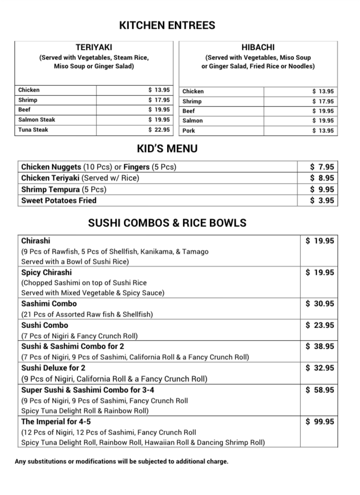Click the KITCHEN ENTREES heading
pos(167,25)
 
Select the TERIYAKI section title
pos(94,47)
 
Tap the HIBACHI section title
pos(258,47)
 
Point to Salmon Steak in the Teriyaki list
pos(36,120)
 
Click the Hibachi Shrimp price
pos(323,101)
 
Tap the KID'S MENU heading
pos(167,149)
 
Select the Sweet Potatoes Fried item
pos(59,200)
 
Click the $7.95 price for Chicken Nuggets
pos(322,167)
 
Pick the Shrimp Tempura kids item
pos(63,189)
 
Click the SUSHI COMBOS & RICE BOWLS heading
pos(167,223)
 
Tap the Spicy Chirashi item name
pos(47,272)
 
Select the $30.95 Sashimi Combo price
pos(320,304)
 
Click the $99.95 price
pos(320,422)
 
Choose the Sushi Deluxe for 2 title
pos(53,368)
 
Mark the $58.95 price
pos(320,390)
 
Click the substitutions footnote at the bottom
pos(121,462)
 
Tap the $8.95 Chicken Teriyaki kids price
pos(322,178)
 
